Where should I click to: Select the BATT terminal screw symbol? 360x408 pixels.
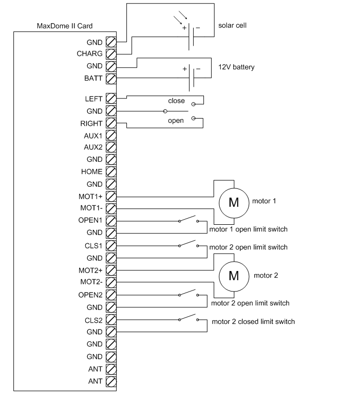click(x=110, y=79)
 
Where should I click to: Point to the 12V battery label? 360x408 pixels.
click(x=237, y=67)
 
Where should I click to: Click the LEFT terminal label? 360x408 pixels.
click(x=93, y=98)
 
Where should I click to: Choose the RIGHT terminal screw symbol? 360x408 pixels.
click(x=110, y=123)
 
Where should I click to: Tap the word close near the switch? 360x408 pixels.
click(x=176, y=101)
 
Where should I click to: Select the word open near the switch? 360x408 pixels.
click(x=176, y=121)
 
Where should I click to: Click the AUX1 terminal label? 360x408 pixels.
click(x=93, y=135)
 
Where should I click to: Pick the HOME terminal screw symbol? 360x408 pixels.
click(x=110, y=171)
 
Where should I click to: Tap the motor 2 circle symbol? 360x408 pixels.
click(x=233, y=276)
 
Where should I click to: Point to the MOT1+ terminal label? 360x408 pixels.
click(x=91, y=196)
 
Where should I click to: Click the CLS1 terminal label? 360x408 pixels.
click(x=94, y=245)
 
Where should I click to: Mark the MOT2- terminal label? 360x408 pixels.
click(x=91, y=282)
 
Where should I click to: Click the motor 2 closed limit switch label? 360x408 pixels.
click(x=253, y=322)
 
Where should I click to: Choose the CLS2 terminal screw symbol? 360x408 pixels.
click(x=110, y=320)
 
